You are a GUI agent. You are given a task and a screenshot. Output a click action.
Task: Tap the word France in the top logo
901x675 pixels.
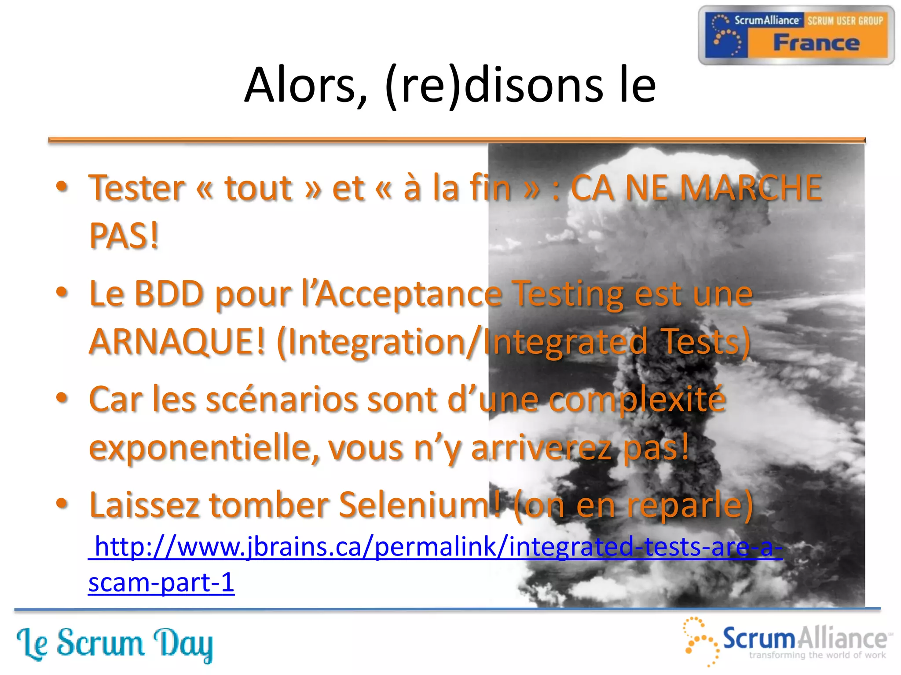point(816,43)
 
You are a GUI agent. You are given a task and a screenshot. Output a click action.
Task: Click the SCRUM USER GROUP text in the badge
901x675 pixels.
point(845,21)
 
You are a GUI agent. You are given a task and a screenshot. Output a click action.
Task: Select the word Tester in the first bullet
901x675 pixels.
point(137,188)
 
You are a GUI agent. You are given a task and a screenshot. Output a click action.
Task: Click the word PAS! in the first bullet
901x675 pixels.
point(124,236)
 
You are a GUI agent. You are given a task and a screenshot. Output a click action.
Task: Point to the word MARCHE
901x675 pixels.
point(751,188)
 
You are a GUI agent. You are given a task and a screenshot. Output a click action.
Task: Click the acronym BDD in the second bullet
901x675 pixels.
point(169,294)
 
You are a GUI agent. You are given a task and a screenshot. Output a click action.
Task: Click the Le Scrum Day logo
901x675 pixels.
point(114,644)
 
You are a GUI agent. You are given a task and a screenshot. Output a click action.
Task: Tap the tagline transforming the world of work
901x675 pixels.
point(817,655)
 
